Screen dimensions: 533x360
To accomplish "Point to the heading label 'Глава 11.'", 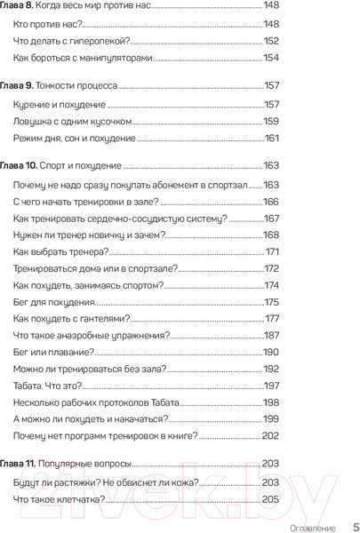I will point(24,463).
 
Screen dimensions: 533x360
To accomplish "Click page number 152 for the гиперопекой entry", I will point(271,41).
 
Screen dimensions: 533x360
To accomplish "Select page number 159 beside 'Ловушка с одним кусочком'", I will point(271,122).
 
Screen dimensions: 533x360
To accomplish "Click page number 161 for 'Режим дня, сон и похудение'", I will point(272,139).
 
